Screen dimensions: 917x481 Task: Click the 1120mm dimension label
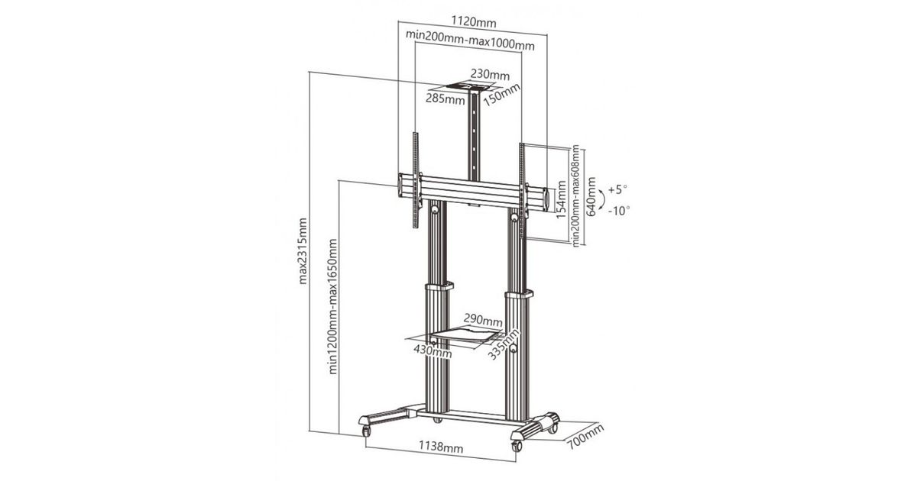point(474,21)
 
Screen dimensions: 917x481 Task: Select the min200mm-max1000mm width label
point(470,40)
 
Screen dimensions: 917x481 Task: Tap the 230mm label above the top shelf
point(490,75)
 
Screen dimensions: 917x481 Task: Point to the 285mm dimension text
point(446,98)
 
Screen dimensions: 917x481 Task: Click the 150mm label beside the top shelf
point(501,95)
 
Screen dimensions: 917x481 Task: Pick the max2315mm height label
point(302,250)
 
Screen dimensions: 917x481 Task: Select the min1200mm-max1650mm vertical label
point(333,306)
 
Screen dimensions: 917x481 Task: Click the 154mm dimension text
point(561,200)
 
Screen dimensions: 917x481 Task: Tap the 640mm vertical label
point(591,197)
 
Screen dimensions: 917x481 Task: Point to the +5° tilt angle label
point(617,190)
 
